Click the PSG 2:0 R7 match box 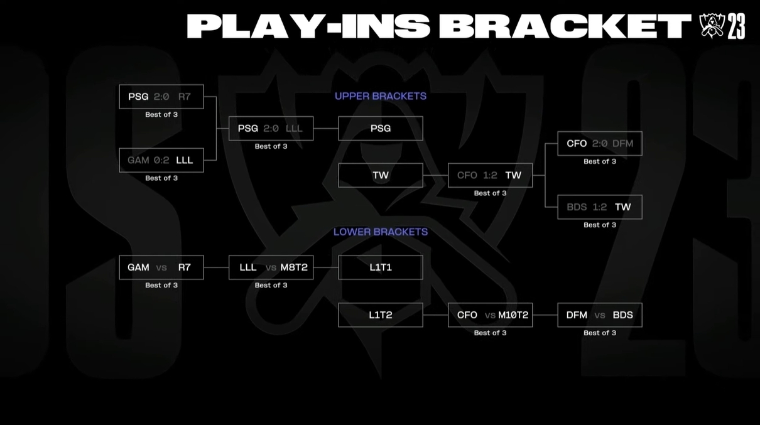pos(161,97)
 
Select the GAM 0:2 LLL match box pos(161,160)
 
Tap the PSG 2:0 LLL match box pos(271,128)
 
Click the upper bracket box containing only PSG pos(381,128)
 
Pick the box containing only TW pos(381,175)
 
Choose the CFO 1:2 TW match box pos(490,175)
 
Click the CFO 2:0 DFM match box pos(600,144)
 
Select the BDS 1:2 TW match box pos(600,207)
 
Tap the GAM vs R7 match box pos(161,267)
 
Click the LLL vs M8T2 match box pos(271,267)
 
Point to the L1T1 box pos(381,267)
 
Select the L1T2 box pos(381,315)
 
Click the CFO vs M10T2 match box pos(490,315)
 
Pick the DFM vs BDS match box pos(600,315)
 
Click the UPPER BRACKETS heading pos(381,96)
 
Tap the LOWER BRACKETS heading pos(381,232)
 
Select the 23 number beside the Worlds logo pos(737,27)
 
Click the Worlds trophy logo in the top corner pos(712,26)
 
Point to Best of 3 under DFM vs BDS pos(600,333)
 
